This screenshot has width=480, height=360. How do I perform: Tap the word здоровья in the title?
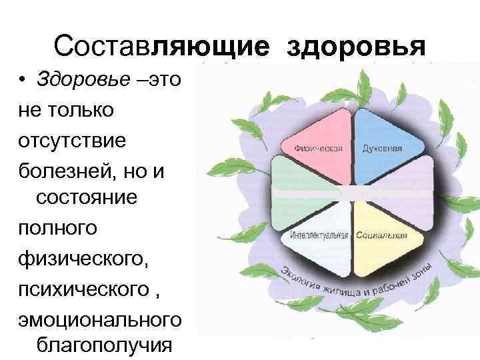(x=356, y=47)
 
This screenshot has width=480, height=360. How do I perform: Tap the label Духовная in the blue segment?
(x=382, y=148)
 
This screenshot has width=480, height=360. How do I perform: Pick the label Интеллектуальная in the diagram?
(x=319, y=236)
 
